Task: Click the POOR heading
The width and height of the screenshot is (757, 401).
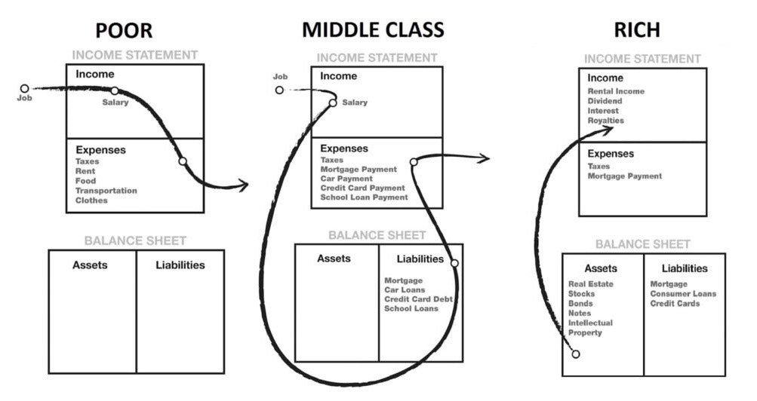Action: click(x=124, y=30)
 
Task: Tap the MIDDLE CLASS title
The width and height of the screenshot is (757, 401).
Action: click(x=373, y=30)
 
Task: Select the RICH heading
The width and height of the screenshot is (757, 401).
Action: click(x=637, y=30)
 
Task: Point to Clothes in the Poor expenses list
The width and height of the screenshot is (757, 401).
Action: click(x=91, y=200)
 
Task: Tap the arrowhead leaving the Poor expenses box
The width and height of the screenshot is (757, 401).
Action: click(x=242, y=185)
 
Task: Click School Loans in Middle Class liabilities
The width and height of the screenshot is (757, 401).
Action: click(x=411, y=308)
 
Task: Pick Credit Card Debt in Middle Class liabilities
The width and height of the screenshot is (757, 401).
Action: click(x=418, y=299)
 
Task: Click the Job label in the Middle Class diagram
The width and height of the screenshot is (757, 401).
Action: click(x=280, y=77)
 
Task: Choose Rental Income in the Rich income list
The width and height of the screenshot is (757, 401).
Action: click(x=616, y=91)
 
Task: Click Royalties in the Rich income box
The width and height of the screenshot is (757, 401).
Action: click(x=606, y=121)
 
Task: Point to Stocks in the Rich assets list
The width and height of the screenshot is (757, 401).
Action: click(x=582, y=293)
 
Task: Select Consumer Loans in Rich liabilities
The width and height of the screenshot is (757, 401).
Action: click(x=683, y=293)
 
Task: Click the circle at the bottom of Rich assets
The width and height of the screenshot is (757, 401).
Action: click(x=576, y=354)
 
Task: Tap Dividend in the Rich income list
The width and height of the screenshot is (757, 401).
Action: click(x=605, y=101)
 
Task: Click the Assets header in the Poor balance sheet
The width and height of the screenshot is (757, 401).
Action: click(x=90, y=265)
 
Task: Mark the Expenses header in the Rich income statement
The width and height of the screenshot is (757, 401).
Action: click(x=611, y=154)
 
